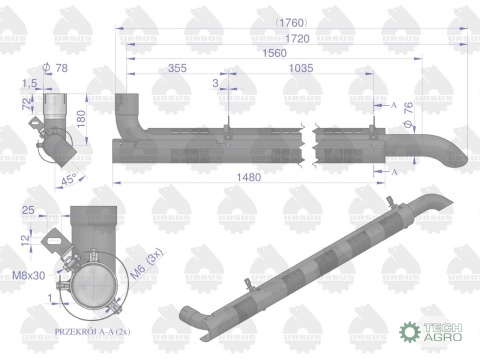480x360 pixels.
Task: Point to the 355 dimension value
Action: (178, 69)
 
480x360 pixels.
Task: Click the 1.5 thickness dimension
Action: (29, 85)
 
